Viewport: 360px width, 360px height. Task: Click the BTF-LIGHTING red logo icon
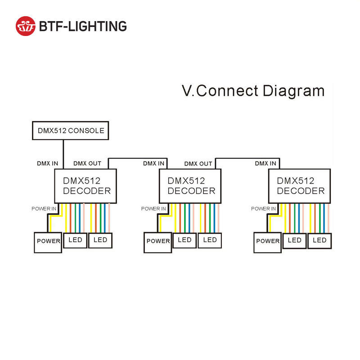(26, 26)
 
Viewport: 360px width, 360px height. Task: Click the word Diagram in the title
(293, 91)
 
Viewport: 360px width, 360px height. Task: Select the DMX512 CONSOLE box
(71, 130)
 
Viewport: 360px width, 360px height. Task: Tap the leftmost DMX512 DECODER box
(85, 185)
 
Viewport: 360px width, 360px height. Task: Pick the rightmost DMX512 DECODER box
(300, 185)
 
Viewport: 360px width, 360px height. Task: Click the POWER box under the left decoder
(48, 242)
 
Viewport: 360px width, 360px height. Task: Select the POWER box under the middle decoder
(158, 242)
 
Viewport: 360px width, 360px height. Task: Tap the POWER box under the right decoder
(268, 242)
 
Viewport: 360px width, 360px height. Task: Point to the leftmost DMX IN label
(47, 164)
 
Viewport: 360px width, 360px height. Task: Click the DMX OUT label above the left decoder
(87, 164)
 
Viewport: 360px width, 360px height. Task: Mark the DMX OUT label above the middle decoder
(198, 164)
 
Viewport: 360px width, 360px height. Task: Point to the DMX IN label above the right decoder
(265, 164)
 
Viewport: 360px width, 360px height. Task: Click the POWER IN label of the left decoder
(44, 209)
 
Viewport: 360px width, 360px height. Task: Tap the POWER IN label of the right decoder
(263, 209)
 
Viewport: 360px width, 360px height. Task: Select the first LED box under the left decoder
(75, 240)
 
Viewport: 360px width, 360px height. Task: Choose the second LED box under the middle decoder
(210, 240)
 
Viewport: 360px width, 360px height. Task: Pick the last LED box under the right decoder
(319, 240)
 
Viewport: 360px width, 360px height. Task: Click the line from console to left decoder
(63, 153)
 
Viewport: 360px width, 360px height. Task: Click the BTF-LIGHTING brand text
(83, 26)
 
